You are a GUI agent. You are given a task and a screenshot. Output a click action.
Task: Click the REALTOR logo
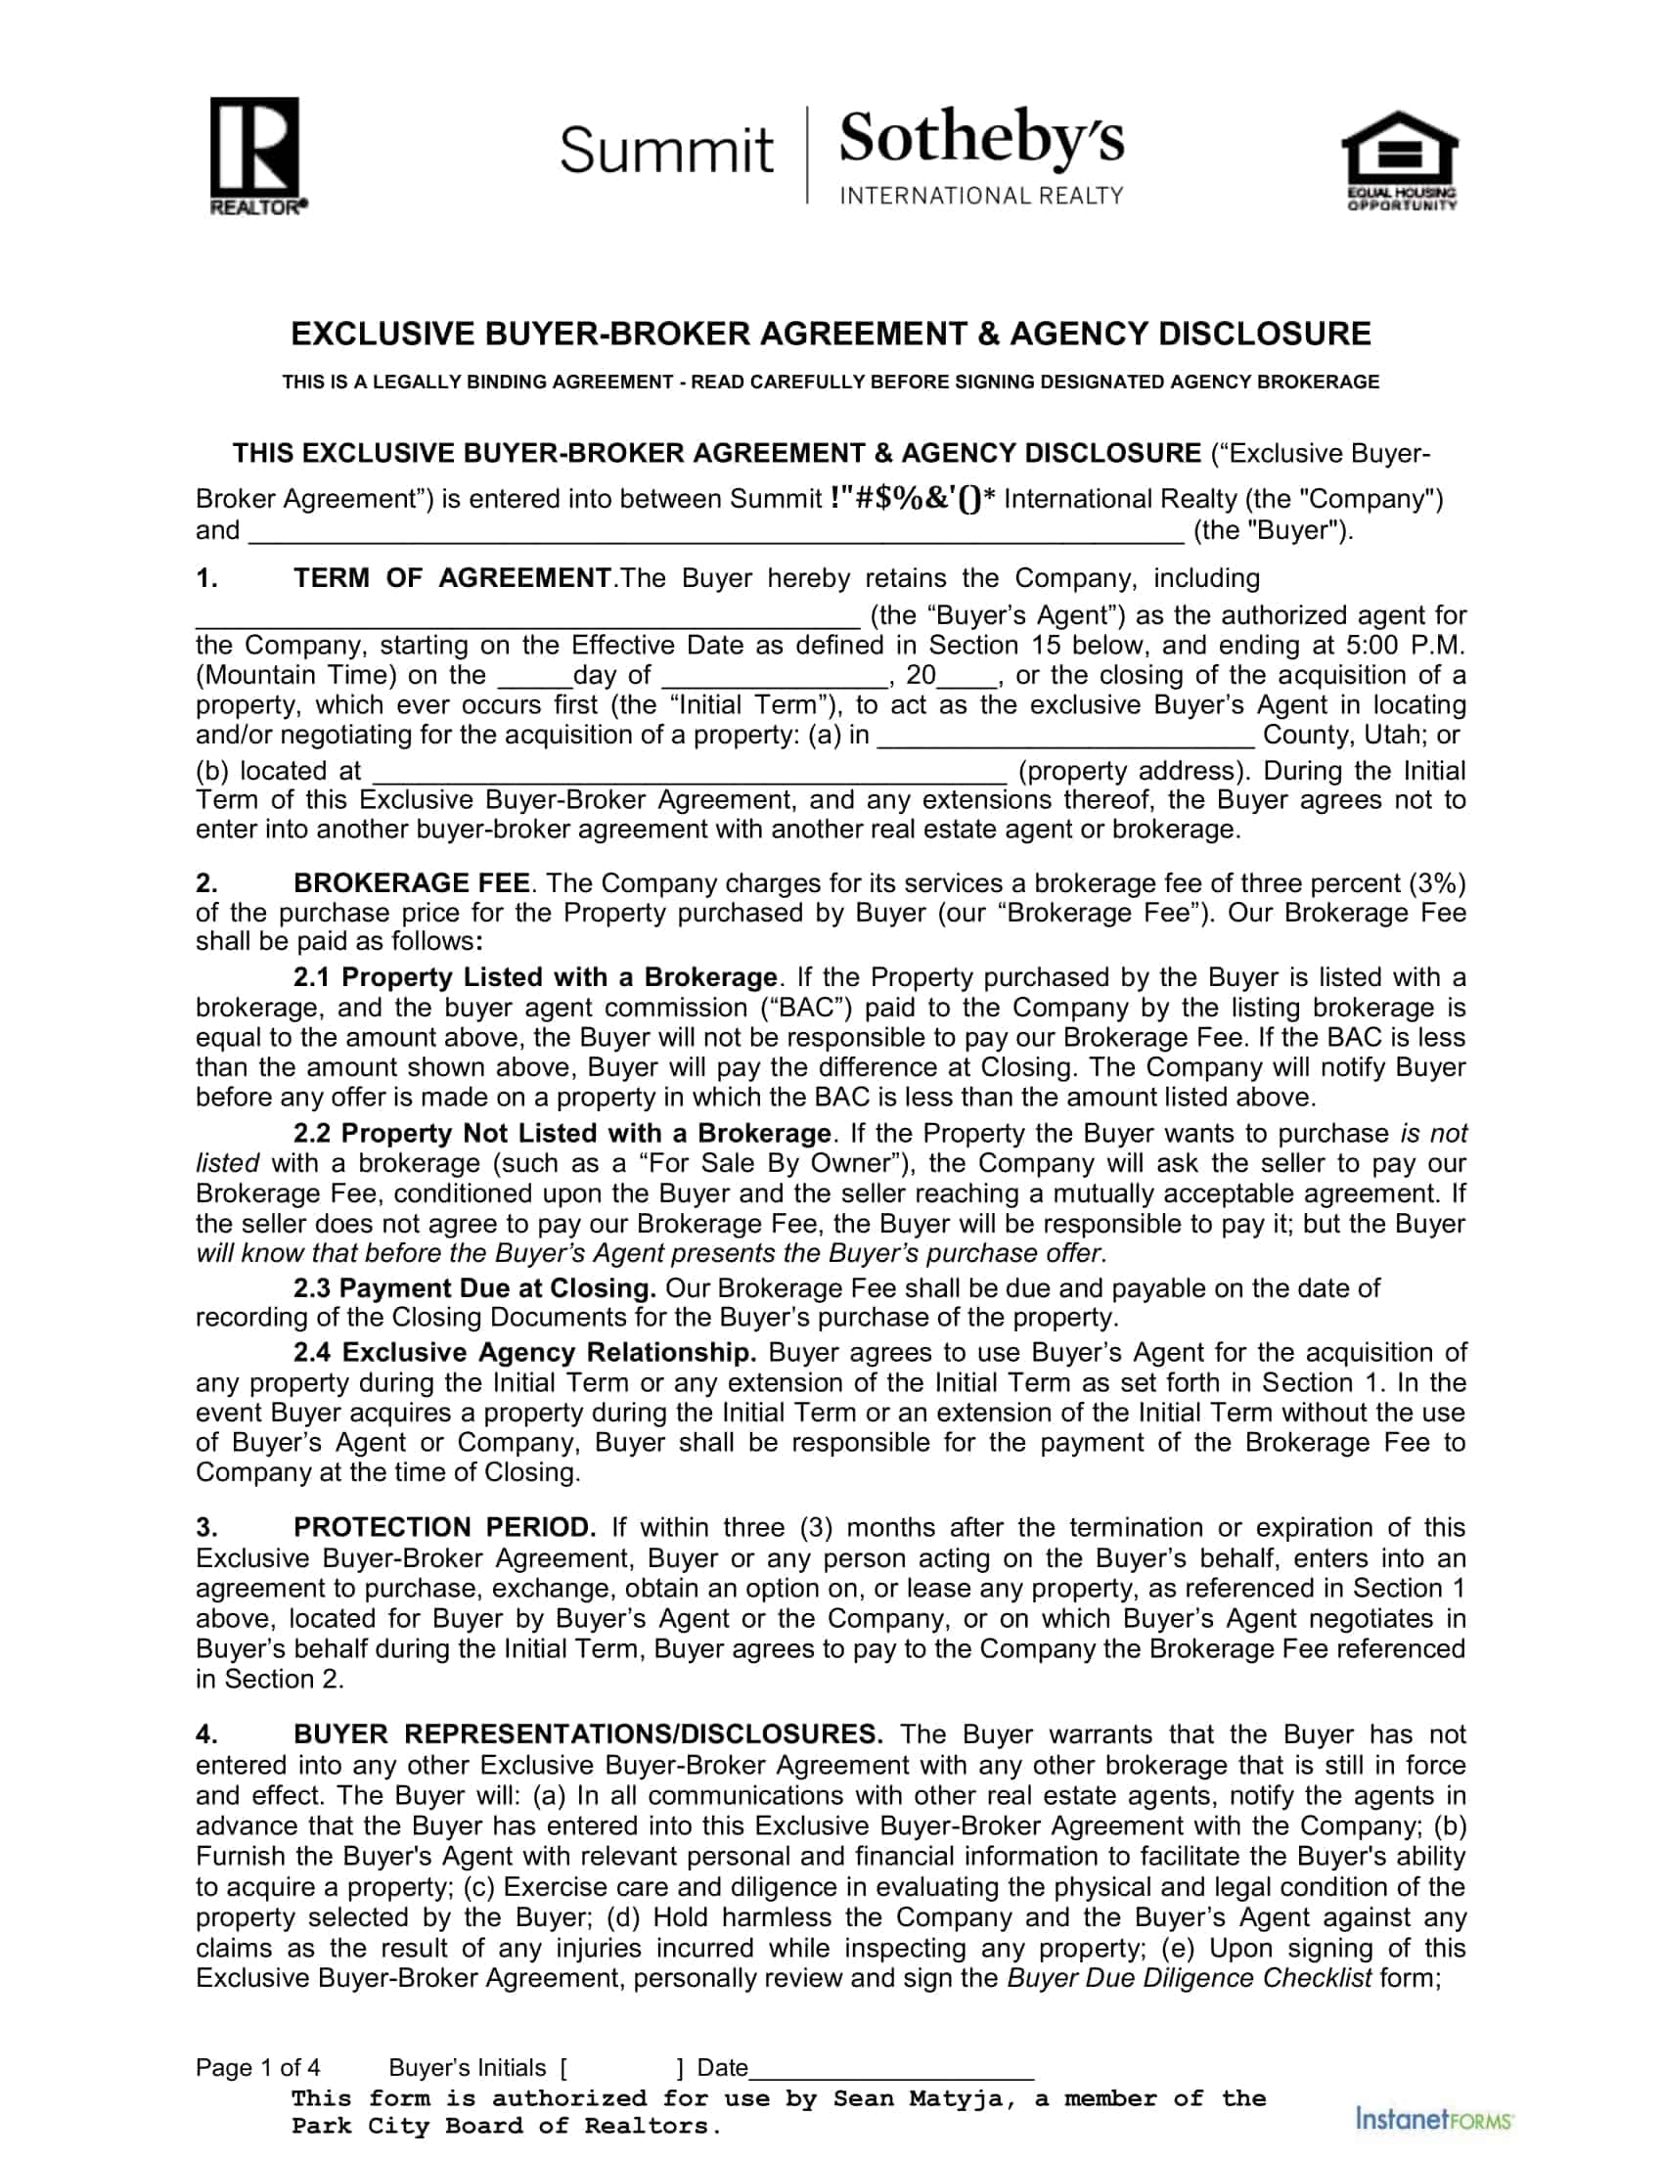click(x=253, y=156)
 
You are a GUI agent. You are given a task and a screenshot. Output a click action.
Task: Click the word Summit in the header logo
click(x=665, y=151)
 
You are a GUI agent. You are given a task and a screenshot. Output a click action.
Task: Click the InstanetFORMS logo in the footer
click(x=1434, y=2120)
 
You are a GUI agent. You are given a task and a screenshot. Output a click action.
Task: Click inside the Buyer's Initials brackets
click(x=621, y=2068)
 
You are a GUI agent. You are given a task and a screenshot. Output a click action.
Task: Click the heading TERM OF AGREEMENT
click(x=452, y=577)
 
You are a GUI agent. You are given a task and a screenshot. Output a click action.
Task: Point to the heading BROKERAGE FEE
click(x=411, y=882)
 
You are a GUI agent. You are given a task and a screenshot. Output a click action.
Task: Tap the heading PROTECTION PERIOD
click(x=444, y=1527)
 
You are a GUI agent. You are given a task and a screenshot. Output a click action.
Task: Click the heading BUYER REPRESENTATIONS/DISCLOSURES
click(x=587, y=1734)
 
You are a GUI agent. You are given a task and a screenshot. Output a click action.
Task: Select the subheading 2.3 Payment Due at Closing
click(x=473, y=1287)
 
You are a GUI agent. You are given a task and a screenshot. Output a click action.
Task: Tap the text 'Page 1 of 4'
click(x=257, y=2068)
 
